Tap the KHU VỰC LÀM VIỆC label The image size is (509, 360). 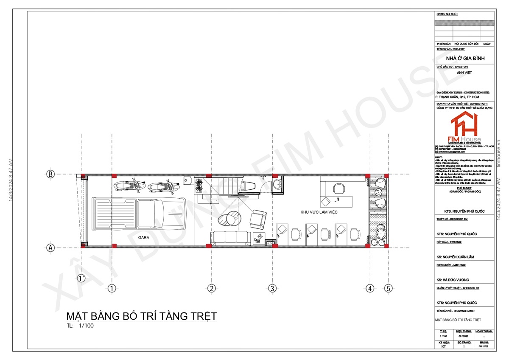pyautogui.click(x=318, y=212)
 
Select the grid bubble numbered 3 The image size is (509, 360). pyautogui.click(x=272, y=289)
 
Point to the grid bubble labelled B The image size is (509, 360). pyautogui.click(x=50, y=174)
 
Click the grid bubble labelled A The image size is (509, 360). pyautogui.click(x=50, y=247)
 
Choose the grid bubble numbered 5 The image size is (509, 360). pyautogui.click(x=388, y=289)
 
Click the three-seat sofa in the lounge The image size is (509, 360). pyautogui.click(x=229, y=237)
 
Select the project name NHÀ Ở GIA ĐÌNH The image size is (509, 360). pyautogui.click(x=465, y=58)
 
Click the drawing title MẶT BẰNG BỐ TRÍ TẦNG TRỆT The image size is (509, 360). pyautogui.click(x=142, y=316)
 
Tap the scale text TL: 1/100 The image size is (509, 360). pyautogui.click(x=80, y=326)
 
